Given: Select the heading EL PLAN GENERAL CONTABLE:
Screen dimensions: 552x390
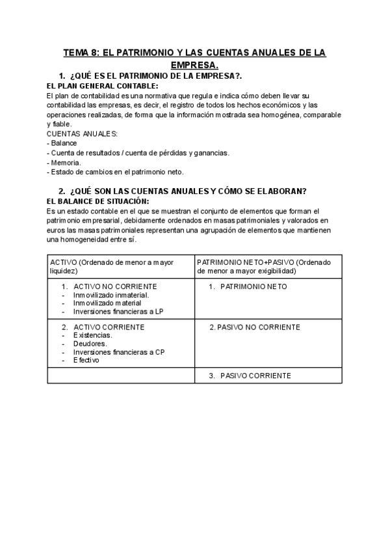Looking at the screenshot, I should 102,86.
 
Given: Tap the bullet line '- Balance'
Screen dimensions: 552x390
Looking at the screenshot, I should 62,143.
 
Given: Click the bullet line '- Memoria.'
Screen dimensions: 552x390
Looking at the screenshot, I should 64,162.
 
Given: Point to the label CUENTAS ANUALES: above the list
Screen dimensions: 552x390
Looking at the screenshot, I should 82,133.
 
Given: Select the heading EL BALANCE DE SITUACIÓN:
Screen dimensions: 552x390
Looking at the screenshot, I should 98,202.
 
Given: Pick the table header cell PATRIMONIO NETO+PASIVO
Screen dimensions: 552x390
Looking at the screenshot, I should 268,266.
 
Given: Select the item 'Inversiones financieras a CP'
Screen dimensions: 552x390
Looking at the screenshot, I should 119,352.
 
